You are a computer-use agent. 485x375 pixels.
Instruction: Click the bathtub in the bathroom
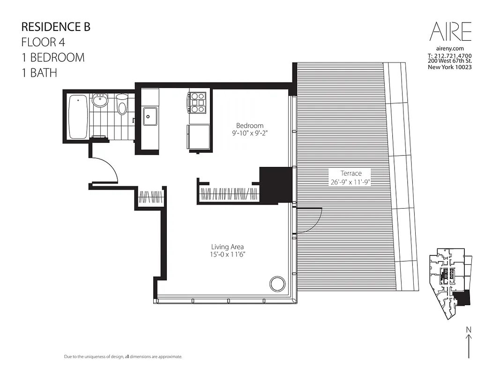78,117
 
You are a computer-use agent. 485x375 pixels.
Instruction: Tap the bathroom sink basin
100,100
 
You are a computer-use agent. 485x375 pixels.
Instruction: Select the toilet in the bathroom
122,105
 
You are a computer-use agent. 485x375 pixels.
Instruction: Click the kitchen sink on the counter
150,116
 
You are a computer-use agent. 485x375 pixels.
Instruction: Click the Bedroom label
249,126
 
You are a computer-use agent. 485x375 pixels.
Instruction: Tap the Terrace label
351,173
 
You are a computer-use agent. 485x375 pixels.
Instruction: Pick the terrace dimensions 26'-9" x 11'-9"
351,182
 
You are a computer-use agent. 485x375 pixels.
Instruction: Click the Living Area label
227,247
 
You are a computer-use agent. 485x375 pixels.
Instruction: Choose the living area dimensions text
227,255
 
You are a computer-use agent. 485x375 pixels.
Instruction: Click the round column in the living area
277,284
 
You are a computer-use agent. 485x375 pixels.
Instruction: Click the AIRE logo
450,32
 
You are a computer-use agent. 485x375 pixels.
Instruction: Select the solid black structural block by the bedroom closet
276,184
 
